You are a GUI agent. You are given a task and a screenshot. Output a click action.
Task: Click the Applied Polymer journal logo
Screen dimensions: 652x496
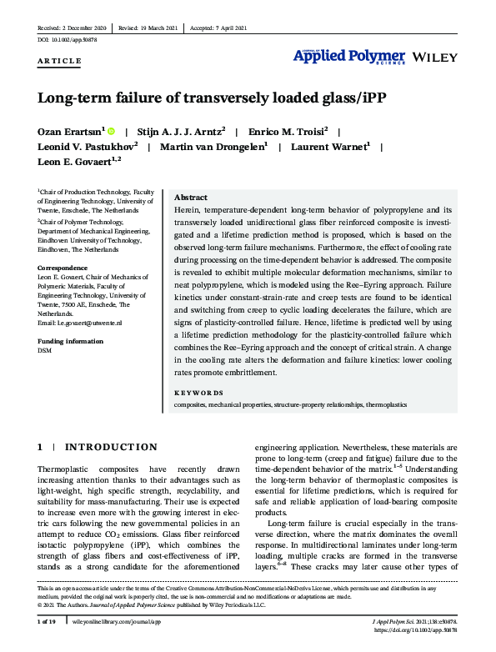pyautogui.click(x=348, y=57)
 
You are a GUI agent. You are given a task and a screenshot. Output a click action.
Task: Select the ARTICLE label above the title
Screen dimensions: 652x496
pyautogui.click(x=59, y=62)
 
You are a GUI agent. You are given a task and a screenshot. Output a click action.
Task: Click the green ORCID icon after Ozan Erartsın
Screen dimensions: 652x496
pyautogui.click(x=111, y=132)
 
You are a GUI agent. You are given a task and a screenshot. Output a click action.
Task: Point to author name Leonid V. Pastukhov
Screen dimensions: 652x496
pyautogui.click(x=88, y=147)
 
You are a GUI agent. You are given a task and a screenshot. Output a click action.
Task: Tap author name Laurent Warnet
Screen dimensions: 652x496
pyautogui.click(x=329, y=147)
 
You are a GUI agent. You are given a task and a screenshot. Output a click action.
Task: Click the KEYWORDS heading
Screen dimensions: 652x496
pyautogui.click(x=200, y=391)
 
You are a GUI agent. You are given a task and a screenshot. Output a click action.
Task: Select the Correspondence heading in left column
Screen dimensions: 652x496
pyautogui.click(x=63, y=268)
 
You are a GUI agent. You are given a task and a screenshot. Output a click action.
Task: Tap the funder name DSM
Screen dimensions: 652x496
pyautogui.click(x=45, y=351)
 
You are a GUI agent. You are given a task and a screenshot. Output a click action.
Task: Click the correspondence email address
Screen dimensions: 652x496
pyautogui.click(x=80, y=322)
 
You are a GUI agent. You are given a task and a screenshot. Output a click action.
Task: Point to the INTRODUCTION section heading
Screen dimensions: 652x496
pyautogui.click(x=110, y=448)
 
